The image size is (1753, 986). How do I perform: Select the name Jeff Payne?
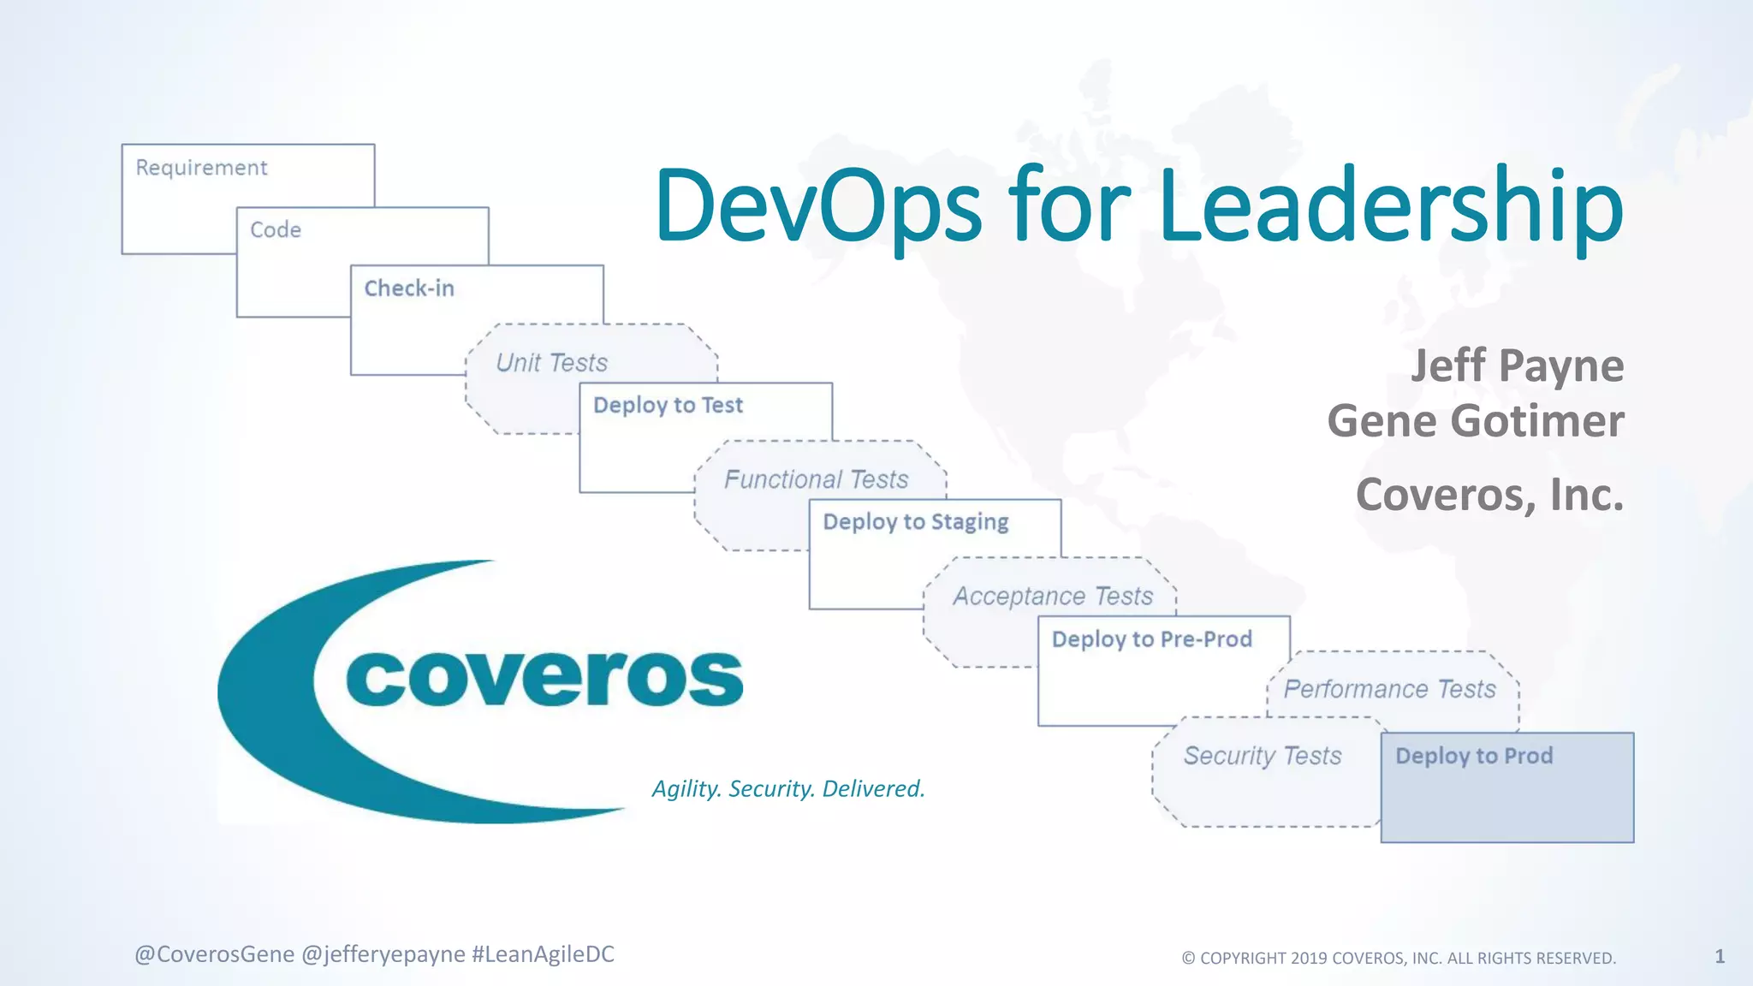1516,366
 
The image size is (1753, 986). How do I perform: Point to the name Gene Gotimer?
1475,421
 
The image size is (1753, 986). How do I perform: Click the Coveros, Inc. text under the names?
1489,495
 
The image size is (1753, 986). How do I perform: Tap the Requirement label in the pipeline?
201,168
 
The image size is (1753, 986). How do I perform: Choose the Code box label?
276,230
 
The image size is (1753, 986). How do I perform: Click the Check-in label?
409,288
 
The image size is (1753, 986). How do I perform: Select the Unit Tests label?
551,363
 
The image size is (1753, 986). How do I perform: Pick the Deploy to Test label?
668,405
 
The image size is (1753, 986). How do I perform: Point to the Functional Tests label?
816,479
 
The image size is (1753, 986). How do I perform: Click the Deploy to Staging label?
916,522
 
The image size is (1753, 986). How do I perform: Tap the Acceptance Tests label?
1053,596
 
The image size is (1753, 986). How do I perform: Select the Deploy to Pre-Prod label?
1151,639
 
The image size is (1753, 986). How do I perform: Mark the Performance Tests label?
1389,689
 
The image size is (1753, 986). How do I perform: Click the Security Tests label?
1263,756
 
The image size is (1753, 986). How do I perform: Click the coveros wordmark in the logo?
544,678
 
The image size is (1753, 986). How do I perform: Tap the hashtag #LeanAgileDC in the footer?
543,954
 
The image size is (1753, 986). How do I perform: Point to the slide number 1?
1720,956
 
